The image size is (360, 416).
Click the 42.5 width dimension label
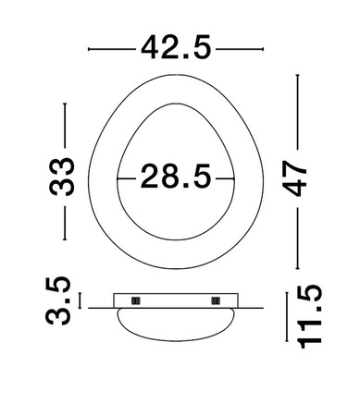pos(176,46)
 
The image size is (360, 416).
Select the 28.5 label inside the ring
pos(176,176)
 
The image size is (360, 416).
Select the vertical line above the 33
pos(65,126)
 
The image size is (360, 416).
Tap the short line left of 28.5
pos(129,176)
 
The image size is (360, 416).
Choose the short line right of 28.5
pos(223,176)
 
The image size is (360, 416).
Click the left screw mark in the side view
pos(135,300)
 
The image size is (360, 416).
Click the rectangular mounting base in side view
pos(176,300)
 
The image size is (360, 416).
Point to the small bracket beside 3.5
pos(81,300)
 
